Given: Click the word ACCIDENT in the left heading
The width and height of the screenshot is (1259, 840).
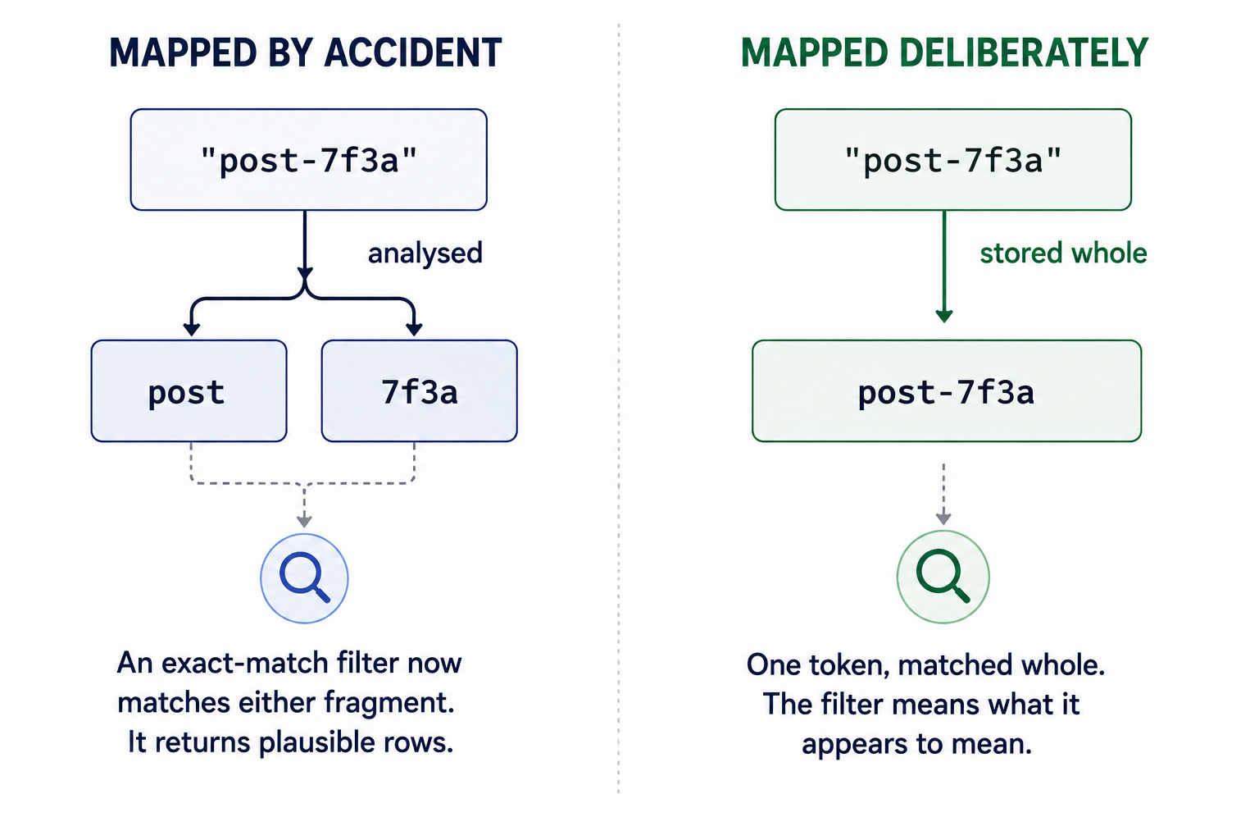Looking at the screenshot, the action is click(413, 52).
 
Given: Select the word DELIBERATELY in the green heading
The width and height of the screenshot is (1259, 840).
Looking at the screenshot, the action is click(1024, 52).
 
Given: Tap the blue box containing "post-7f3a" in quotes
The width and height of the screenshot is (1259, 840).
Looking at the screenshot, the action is click(308, 160).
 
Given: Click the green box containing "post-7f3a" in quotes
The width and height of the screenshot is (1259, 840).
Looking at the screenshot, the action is click(953, 160).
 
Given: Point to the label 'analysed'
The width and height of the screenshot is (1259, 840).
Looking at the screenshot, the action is click(425, 253).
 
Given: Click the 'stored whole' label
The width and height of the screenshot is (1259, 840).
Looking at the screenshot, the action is click(1063, 253).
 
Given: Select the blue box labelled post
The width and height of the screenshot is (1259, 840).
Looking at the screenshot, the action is click(189, 391).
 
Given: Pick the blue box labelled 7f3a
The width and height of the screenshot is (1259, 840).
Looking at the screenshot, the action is click(420, 391).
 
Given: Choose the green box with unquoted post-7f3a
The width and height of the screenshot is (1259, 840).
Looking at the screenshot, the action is click(947, 391).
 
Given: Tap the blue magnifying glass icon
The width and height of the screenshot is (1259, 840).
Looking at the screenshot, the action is click(304, 578).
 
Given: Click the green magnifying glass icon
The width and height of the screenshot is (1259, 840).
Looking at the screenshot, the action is click(943, 577).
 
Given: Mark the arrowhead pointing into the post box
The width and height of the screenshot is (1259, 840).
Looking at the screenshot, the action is click(192, 330).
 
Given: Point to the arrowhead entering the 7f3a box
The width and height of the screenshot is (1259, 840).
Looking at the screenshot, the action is click(414, 330).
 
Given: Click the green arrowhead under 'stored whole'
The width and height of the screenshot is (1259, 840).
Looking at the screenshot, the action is click(944, 316).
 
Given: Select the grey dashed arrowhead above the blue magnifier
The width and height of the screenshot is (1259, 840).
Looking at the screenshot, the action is click(304, 521).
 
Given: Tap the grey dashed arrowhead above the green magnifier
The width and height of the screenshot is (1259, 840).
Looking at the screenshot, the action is click(943, 518).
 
